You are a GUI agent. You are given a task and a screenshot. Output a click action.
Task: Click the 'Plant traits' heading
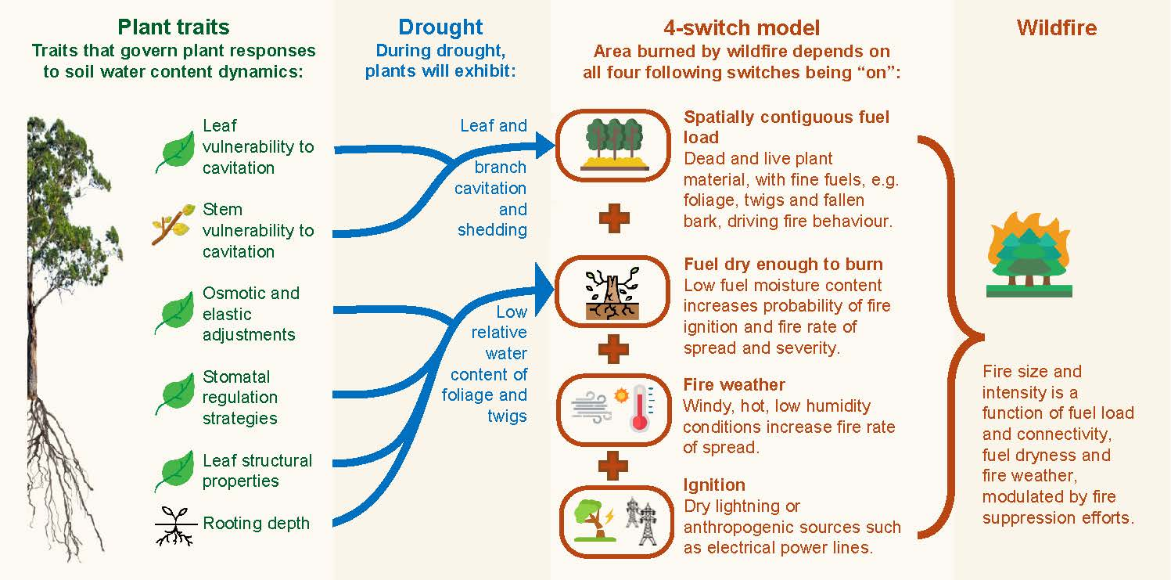pos(174,27)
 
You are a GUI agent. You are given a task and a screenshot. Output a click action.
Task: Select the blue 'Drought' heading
pos(440,27)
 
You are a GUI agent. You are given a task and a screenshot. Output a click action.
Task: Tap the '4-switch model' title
pos(742,27)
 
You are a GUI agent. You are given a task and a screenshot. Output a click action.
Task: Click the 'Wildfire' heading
pos(1057,27)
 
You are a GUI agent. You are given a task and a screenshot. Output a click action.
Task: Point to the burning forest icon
pos(1029,254)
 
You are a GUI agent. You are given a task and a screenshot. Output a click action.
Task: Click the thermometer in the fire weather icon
pos(641,408)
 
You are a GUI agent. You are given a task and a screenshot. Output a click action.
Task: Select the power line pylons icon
pos(641,521)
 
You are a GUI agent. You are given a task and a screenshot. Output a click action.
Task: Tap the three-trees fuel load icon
pos(614,144)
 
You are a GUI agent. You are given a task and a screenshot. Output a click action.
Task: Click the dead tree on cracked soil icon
pos(612,293)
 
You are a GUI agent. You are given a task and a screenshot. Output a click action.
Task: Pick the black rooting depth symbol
pos(176,526)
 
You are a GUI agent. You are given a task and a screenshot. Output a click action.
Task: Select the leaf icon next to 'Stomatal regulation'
pos(174,394)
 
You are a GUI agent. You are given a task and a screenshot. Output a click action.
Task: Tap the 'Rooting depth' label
pos(256,523)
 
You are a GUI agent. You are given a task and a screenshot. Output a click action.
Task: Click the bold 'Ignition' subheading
pos(714,485)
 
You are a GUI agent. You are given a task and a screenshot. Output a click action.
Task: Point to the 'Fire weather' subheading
pos(734,385)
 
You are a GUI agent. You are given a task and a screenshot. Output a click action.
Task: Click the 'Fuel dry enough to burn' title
pos(783,264)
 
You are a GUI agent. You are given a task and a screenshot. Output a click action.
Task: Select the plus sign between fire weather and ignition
pos(612,466)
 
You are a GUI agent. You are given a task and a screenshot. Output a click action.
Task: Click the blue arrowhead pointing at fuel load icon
pos(544,145)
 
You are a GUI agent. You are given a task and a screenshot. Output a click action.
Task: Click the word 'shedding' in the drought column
pos(493,230)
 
